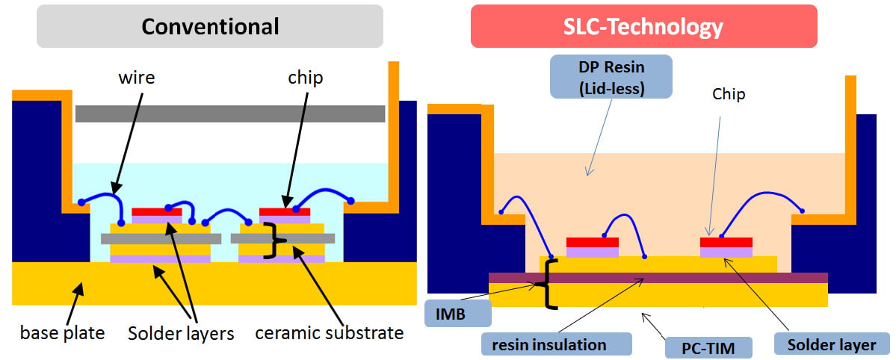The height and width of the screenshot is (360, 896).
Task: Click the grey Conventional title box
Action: coord(210,27)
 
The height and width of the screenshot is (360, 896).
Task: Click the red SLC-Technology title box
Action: coord(643,27)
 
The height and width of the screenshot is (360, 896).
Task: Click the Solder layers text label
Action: coord(180,332)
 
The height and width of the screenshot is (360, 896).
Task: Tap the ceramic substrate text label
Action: coord(330,332)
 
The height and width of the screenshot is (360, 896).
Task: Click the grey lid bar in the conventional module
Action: coord(230,114)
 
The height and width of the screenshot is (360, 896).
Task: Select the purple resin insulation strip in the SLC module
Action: coord(658,278)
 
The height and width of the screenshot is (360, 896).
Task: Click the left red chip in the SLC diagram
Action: coord(593,242)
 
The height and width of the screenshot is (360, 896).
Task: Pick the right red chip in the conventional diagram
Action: coord(284,211)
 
